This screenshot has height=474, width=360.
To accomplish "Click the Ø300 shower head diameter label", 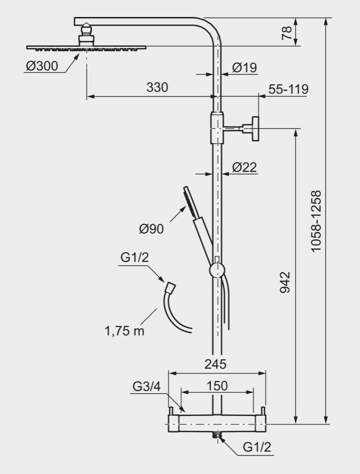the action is pos(42,66).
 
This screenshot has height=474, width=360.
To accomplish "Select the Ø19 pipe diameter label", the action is pos(244,68).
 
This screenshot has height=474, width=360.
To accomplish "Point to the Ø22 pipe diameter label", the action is pos(244,167).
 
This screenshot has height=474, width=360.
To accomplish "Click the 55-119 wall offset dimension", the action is pos(288,89).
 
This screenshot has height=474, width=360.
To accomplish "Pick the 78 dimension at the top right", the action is pos(286,33).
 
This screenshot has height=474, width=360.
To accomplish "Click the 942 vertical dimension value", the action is pos(285,282).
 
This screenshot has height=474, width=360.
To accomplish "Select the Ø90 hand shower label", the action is pos(151,229).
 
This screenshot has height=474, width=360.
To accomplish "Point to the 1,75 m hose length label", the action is pos(124,331).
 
